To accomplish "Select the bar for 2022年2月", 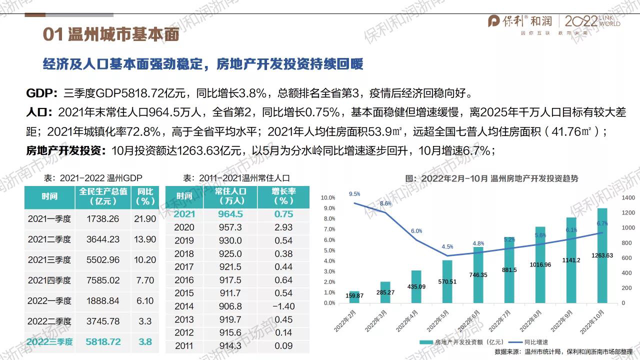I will point(354,296).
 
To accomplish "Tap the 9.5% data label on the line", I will point(354,193).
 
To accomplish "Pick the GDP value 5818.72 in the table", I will point(103,342).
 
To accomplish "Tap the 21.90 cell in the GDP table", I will point(145,219).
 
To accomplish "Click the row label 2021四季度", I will point(49,280).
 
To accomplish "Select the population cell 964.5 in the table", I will point(229,214).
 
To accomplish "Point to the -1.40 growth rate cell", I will point(282,306).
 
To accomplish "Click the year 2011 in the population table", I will point(184,345).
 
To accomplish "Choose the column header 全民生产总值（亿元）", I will point(103,196).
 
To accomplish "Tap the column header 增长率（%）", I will point(283,196).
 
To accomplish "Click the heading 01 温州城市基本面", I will point(110,35).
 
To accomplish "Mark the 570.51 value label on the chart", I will point(446,281).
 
